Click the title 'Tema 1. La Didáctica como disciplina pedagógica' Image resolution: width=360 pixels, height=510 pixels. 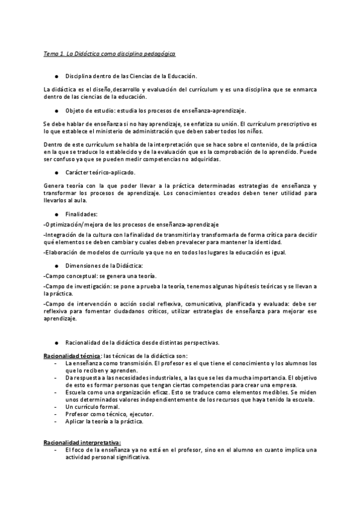tap(109, 54)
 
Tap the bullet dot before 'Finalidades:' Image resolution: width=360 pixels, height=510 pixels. tap(56, 214)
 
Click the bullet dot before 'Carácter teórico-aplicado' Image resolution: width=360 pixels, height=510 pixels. tap(56, 173)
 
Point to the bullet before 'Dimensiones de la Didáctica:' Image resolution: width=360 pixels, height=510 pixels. tap(56, 265)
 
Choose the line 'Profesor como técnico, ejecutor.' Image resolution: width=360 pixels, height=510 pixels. tap(101, 414)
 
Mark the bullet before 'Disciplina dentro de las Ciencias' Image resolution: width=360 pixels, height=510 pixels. tap(56, 77)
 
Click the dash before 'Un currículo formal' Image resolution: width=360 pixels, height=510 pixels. tap(56, 408)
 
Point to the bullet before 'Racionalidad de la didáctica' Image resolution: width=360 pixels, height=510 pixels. tap(56, 343)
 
